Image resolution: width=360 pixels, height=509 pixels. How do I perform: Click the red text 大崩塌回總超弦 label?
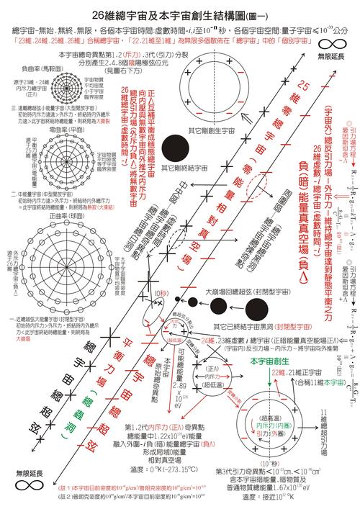click(233, 274)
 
